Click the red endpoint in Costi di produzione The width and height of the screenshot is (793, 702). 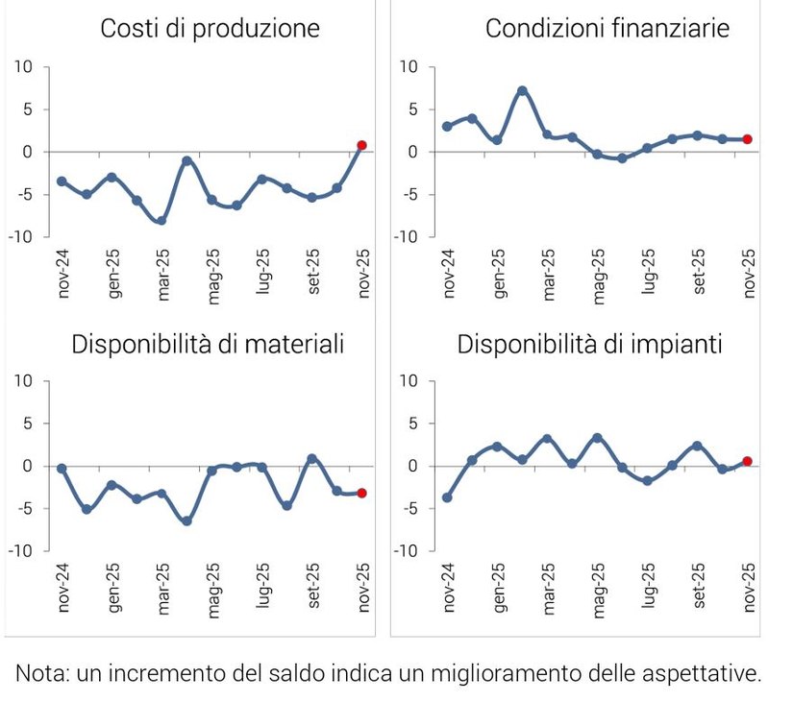[x=362, y=145]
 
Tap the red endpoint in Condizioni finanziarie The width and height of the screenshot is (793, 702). [x=747, y=139]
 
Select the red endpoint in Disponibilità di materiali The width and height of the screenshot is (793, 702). [x=362, y=493]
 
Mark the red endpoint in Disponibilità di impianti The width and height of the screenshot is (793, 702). [x=747, y=461]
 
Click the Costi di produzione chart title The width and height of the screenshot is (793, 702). [x=210, y=29]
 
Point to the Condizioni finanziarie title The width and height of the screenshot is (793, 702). [x=607, y=29]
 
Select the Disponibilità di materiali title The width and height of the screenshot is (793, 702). [x=208, y=344]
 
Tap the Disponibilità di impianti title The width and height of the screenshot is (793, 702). [x=589, y=344]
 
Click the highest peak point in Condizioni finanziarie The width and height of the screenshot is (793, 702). [x=522, y=91]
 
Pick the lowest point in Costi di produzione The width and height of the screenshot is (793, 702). [x=161, y=220]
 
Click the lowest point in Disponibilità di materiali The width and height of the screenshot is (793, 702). [x=186, y=520]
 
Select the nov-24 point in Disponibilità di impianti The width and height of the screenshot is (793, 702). [x=447, y=497]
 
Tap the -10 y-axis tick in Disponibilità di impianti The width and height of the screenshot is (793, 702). [x=405, y=551]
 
